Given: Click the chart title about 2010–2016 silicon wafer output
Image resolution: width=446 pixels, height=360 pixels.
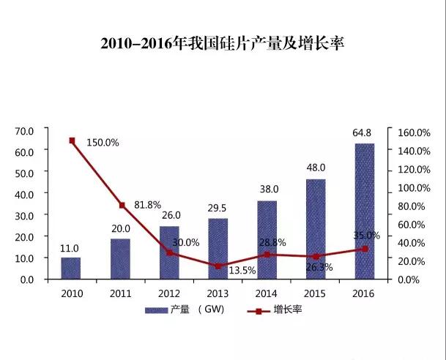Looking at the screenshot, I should click(x=222, y=43).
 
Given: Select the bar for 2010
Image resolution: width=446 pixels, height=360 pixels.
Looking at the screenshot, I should click(x=71, y=268).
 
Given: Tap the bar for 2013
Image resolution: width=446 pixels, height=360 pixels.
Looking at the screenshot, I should click(x=218, y=249).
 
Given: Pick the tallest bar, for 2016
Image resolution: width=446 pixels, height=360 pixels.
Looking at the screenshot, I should click(x=364, y=211).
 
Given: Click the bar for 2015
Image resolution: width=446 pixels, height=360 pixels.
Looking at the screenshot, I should click(x=316, y=229).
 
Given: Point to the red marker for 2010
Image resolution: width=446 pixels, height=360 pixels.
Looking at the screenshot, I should click(x=72, y=140).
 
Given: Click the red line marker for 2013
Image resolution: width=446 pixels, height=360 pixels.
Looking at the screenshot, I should click(x=218, y=266).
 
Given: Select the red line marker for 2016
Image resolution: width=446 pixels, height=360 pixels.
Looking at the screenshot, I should click(x=364, y=249).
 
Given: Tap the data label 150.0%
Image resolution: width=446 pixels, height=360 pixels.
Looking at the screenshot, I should click(x=103, y=143).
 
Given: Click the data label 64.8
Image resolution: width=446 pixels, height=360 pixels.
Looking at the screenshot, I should click(x=363, y=133).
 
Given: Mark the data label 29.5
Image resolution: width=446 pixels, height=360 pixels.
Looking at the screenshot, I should click(x=218, y=209).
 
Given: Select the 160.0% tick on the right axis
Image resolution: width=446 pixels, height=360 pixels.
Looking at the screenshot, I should click(x=413, y=132).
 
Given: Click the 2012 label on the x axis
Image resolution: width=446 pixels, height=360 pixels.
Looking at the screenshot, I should click(x=169, y=293).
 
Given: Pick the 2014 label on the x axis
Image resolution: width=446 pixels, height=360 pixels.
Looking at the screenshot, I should click(x=267, y=293).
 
